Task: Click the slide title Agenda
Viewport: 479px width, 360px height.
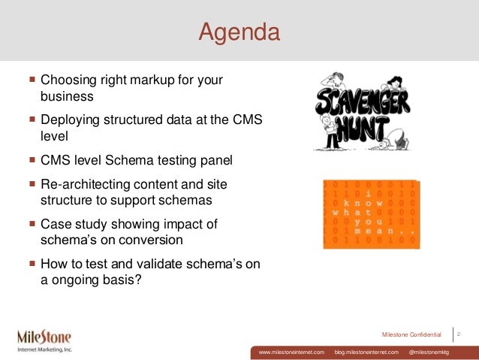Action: coord(239,32)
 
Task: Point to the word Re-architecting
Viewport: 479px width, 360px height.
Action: coord(84,183)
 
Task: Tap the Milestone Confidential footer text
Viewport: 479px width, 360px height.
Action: coord(411,333)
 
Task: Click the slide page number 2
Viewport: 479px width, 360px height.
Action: coord(459,332)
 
